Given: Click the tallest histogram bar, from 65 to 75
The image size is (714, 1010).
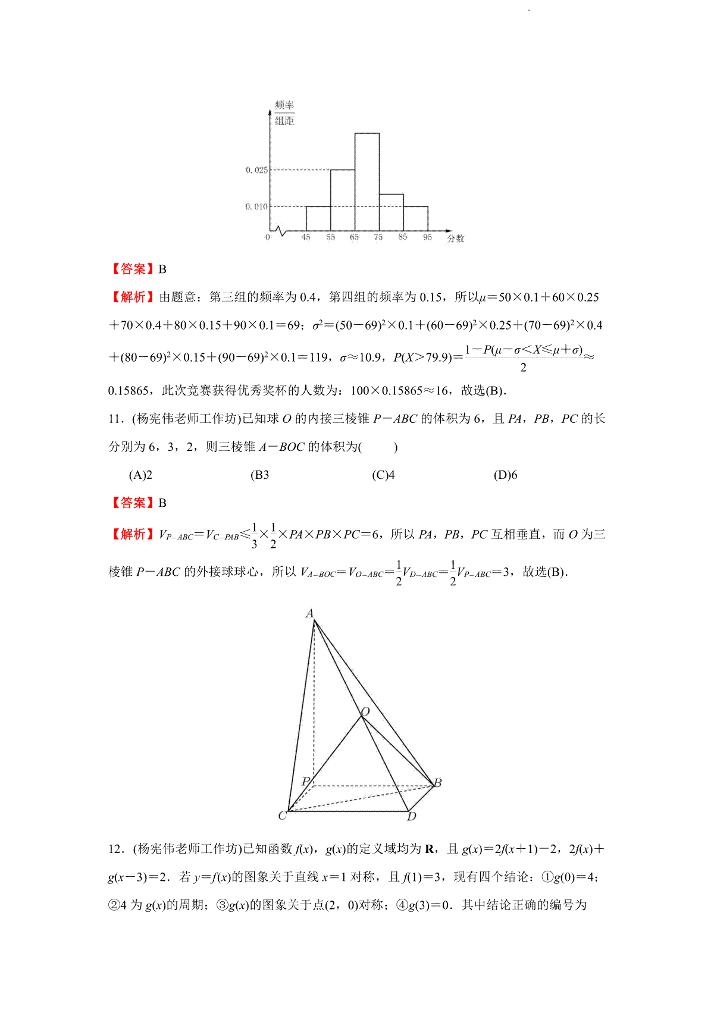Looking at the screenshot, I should click(367, 182).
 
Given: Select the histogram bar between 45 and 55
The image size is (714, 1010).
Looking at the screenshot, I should click(318, 218).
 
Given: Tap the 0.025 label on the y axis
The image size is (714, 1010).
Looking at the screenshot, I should click(256, 170).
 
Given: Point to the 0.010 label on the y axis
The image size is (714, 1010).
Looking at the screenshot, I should click(256, 206).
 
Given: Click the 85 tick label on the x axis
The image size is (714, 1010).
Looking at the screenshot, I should click(403, 237).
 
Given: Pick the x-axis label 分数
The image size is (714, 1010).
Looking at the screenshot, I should click(456, 239).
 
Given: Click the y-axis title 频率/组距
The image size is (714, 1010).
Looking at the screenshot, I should click(284, 113).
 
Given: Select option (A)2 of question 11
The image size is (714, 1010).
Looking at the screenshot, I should click(141, 475).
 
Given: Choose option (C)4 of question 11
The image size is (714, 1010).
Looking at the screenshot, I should click(383, 475).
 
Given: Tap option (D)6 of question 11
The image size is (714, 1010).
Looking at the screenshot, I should click(506, 475).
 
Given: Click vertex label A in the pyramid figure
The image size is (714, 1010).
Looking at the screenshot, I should click(309, 613).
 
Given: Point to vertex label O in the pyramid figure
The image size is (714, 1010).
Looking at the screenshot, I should click(365, 712).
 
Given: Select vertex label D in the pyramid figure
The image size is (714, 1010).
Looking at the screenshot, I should click(412, 817).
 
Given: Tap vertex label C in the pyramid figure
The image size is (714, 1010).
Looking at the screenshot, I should click(283, 815).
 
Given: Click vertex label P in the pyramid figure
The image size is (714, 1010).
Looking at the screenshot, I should click(306, 782).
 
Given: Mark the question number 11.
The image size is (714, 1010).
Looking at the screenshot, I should click(115, 419).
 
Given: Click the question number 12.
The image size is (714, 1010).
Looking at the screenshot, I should click(115, 849).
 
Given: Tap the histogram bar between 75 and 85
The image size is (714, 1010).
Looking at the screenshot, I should click(391, 212).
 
